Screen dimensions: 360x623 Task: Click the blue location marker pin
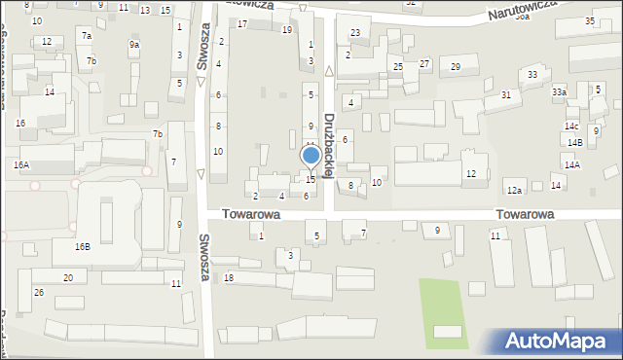click(x=311, y=157)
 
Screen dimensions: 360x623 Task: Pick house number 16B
click(x=83, y=247)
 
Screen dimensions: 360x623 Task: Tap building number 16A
click(x=21, y=165)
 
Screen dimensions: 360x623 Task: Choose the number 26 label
click(x=39, y=292)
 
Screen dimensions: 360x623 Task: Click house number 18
click(x=229, y=278)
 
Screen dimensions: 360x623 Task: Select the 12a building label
click(x=514, y=190)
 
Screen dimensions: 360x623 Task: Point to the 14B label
click(x=575, y=143)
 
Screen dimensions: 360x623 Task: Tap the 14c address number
click(x=571, y=126)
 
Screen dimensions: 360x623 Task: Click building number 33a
click(x=559, y=92)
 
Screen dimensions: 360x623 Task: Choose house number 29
click(x=456, y=66)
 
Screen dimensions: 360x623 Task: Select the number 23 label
click(x=355, y=33)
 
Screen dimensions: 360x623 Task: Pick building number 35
click(x=590, y=20)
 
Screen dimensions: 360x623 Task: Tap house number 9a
click(x=134, y=45)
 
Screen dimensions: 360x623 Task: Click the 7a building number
click(x=86, y=36)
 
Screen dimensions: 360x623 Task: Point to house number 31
click(x=505, y=94)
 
